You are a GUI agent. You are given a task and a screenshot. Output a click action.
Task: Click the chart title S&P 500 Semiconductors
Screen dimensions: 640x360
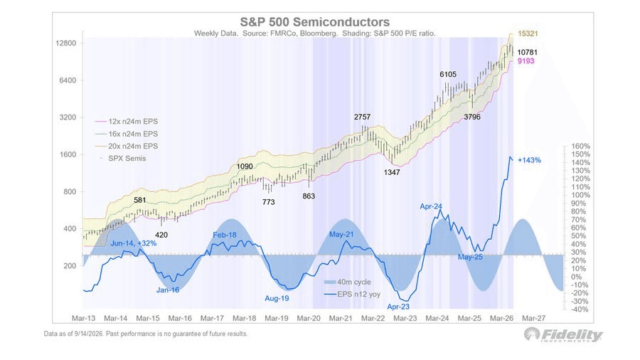[x=315, y=21]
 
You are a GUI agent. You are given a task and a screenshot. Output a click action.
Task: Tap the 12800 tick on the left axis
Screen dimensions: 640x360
[x=66, y=43]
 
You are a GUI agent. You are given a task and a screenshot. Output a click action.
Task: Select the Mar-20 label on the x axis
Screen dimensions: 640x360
[x=309, y=318]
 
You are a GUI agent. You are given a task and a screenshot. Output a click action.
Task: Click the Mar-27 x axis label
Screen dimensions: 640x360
[x=534, y=318]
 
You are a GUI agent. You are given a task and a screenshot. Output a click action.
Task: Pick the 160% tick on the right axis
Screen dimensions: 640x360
[x=581, y=146]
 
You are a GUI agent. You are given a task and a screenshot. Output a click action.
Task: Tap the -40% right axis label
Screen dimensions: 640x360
[x=580, y=309]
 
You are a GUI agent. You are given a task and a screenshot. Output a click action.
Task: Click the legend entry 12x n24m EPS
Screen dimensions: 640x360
[x=127, y=122]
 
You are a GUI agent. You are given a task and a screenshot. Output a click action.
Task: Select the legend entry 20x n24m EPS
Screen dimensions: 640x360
[x=127, y=146]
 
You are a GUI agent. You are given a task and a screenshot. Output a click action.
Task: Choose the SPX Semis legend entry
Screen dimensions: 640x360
[x=123, y=159]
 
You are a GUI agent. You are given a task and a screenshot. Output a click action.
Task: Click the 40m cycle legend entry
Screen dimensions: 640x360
[x=348, y=282]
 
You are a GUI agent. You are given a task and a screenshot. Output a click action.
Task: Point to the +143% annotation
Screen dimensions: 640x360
[x=529, y=160]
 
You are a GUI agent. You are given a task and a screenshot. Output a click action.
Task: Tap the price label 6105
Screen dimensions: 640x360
[x=448, y=74]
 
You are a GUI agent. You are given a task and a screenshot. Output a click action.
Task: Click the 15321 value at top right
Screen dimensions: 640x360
[x=528, y=33]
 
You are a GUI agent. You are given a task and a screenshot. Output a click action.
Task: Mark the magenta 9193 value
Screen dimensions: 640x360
[x=526, y=61]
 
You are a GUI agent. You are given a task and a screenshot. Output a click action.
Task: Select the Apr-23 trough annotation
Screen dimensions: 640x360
[x=398, y=307]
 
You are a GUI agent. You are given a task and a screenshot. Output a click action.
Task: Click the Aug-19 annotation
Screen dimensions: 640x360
[x=277, y=298]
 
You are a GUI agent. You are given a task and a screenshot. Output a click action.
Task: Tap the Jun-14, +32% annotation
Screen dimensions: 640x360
[x=134, y=243]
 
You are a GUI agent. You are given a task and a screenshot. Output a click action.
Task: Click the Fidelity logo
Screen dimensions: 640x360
[x=563, y=335]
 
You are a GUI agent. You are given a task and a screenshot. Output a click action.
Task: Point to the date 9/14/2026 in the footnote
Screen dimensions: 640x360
[x=87, y=334]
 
